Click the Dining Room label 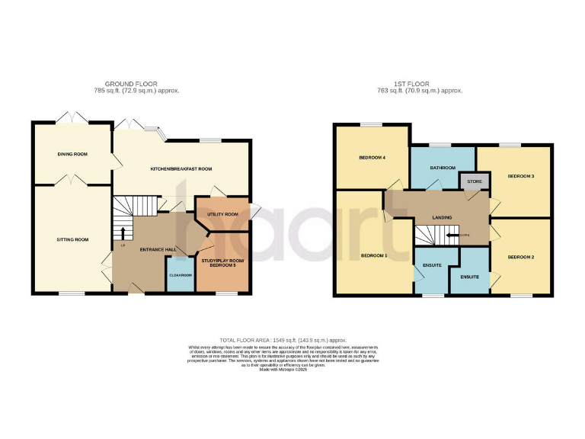[72, 154]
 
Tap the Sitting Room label [72, 239]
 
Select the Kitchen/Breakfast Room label [181, 168]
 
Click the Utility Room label [222, 214]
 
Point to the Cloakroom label [180, 274]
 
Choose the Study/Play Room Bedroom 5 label [222, 264]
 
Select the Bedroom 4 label [372, 158]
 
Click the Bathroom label [443, 168]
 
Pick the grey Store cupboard [475, 181]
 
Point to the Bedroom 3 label [520, 176]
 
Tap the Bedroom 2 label [520, 257]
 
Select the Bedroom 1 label [374, 255]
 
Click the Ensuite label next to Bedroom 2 [470, 277]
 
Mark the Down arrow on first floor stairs [453, 235]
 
